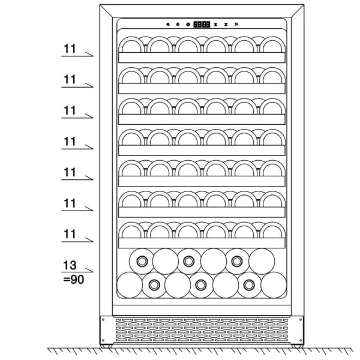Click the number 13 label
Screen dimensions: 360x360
click(70, 265)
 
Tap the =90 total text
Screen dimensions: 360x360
click(73, 280)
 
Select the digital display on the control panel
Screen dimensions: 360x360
click(202, 25)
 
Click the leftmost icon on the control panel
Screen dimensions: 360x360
click(168, 25)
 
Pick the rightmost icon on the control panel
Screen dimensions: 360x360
click(236, 25)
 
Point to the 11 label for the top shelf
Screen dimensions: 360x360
click(70, 49)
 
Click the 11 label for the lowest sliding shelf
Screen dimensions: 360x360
click(70, 234)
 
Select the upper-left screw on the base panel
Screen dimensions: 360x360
click(103, 320)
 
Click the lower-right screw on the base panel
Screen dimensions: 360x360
click(301, 340)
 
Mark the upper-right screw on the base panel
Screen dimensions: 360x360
click(301, 320)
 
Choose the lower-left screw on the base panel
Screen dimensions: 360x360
click(103, 340)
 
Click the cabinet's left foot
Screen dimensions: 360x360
click(107, 346)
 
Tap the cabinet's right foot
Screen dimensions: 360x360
click(298, 346)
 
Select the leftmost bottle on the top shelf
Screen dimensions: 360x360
click(131, 45)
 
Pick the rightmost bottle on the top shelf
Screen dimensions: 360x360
click(272, 45)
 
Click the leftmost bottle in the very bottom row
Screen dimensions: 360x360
click(130, 285)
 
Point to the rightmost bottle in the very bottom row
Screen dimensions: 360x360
click(274, 285)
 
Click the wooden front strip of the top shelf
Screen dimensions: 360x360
click(202, 58)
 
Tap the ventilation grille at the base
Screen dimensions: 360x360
click(202, 330)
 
